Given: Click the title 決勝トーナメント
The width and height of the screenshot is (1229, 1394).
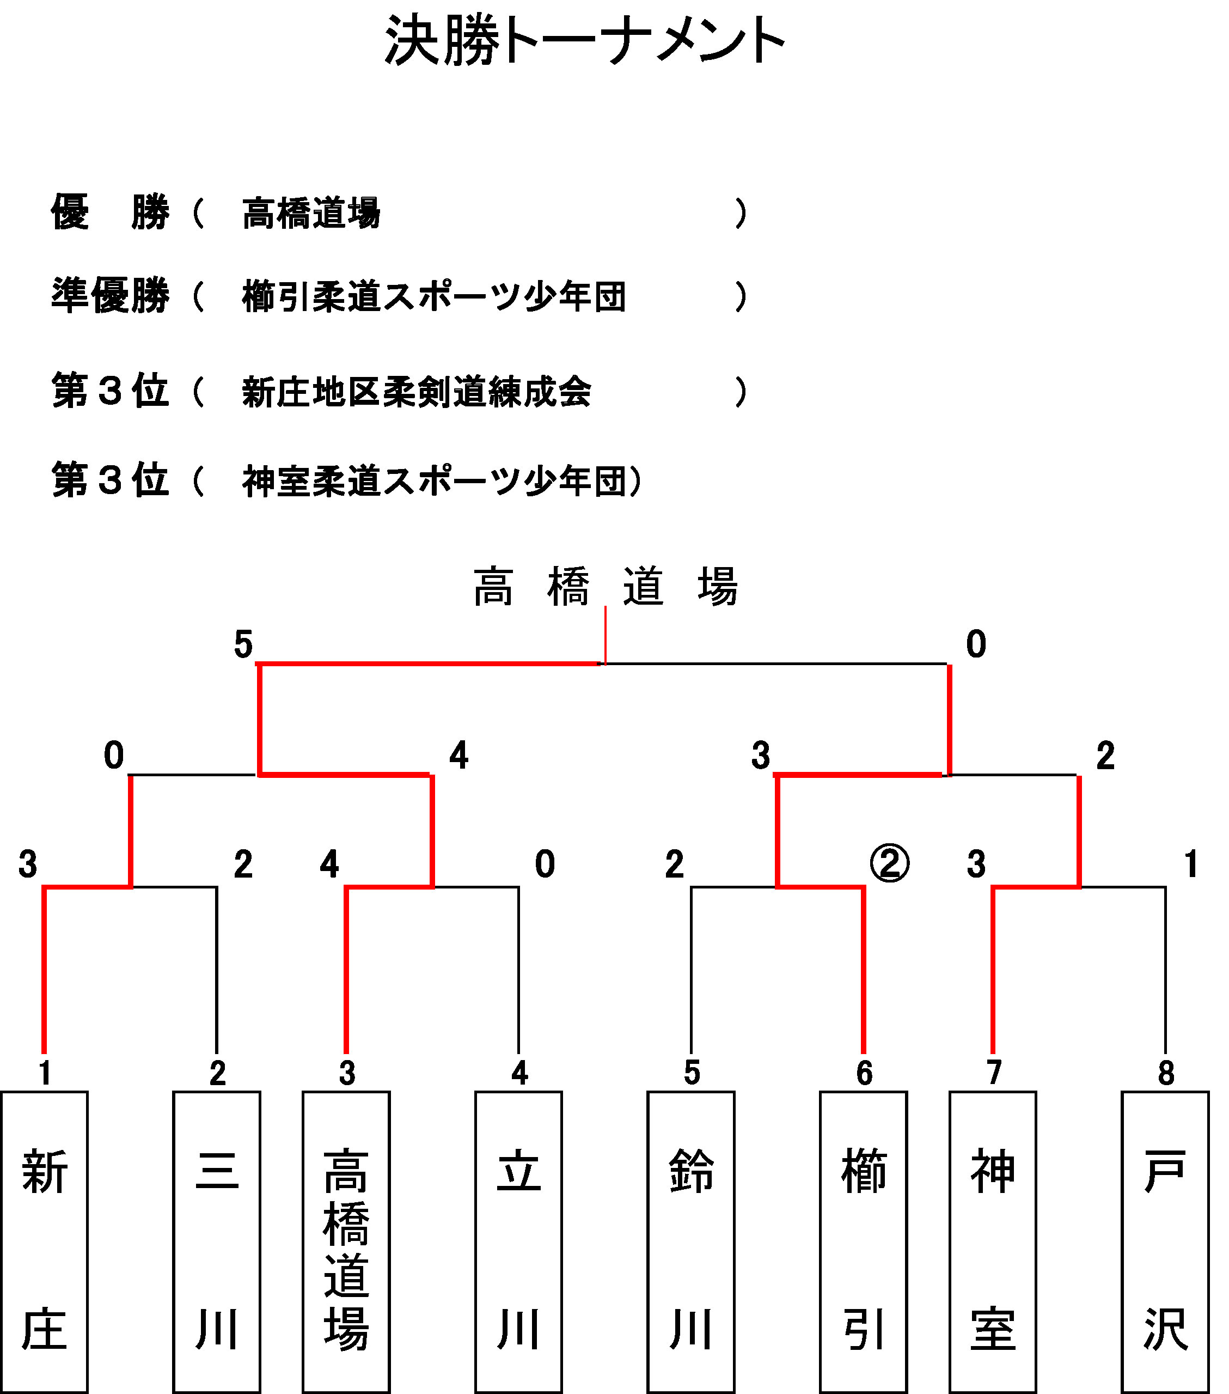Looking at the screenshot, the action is point(585,41).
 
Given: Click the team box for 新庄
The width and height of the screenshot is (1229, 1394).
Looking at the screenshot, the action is point(44,1242).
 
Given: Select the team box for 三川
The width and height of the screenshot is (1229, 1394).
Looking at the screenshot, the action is point(217,1242).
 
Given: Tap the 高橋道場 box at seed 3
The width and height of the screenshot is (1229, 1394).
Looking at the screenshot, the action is point(346,1242).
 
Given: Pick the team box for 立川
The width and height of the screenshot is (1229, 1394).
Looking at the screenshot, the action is point(519,1242).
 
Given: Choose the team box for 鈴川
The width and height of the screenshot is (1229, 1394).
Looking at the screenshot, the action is point(691,1242).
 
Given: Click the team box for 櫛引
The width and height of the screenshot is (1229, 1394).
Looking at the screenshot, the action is point(864,1242).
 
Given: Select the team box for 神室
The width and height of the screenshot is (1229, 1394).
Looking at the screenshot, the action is point(993,1242).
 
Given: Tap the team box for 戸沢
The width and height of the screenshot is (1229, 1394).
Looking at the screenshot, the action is point(1166,1242).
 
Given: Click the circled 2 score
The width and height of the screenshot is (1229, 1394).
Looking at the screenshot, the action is point(890,863).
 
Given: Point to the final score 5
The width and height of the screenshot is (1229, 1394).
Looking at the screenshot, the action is point(243,644).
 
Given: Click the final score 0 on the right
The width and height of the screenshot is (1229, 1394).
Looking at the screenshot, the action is point(976,644).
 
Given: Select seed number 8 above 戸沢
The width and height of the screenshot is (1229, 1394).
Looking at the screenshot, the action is point(1166,1073).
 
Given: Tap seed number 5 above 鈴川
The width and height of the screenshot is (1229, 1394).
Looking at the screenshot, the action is point(692,1073).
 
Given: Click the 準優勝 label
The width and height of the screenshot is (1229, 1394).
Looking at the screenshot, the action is point(111,295).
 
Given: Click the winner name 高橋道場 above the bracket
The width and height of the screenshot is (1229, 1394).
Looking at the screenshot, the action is point(606,587).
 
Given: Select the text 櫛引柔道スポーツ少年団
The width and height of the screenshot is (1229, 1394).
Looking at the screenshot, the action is point(434,297).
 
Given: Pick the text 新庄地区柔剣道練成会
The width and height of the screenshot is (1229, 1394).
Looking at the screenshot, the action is point(417,392).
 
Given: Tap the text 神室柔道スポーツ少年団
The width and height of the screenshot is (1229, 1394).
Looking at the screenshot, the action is point(434,481).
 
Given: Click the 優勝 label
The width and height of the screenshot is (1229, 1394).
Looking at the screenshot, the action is point(111,212).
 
